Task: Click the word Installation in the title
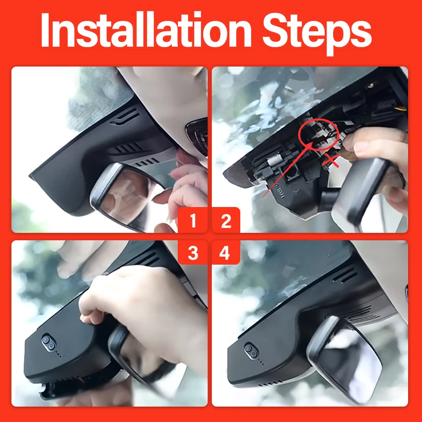pos(146,30)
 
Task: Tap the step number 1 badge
pos(193,220)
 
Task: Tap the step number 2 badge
pos(226,220)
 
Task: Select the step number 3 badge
pos(193,252)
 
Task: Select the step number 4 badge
pos(225,252)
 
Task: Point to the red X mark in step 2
pos(331,161)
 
